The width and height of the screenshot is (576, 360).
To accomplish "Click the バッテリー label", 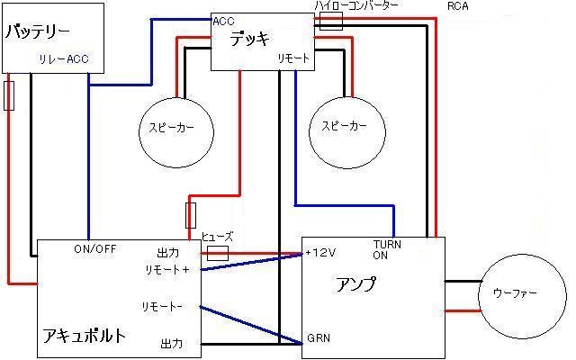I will point(38,31).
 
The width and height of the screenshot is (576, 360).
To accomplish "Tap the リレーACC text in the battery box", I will point(64,60).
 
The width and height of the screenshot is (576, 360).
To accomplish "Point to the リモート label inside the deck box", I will point(293,58).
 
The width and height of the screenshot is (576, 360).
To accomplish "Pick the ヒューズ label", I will point(217,237).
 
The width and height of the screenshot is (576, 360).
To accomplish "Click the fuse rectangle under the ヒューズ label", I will point(217,253).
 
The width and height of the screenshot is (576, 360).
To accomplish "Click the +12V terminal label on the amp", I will point(320,253).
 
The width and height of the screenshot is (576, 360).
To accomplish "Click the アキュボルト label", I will point(84,335).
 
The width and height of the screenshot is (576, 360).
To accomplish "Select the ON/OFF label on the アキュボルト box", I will point(94,249).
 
